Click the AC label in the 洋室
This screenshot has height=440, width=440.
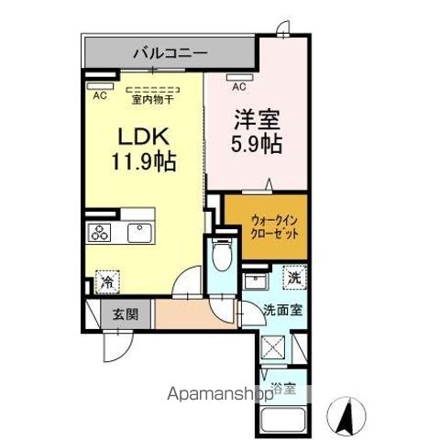click(x=238, y=87)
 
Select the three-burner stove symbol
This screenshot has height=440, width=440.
click(x=100, y=233)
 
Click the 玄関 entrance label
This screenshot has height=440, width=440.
click(x=126, y=314)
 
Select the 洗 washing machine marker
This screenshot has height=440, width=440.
click(x=292, y=277)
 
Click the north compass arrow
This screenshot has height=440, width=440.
click(x=347, y=417)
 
